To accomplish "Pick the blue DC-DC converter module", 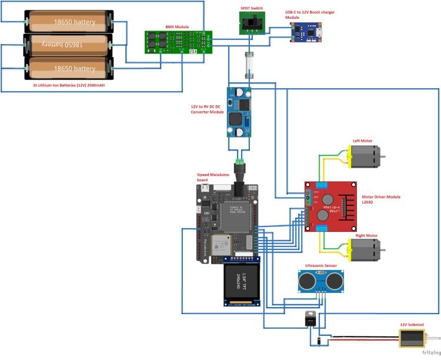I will pos(239,112).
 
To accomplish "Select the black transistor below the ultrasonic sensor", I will pos(309,319).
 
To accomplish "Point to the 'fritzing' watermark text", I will pos(426,353).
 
